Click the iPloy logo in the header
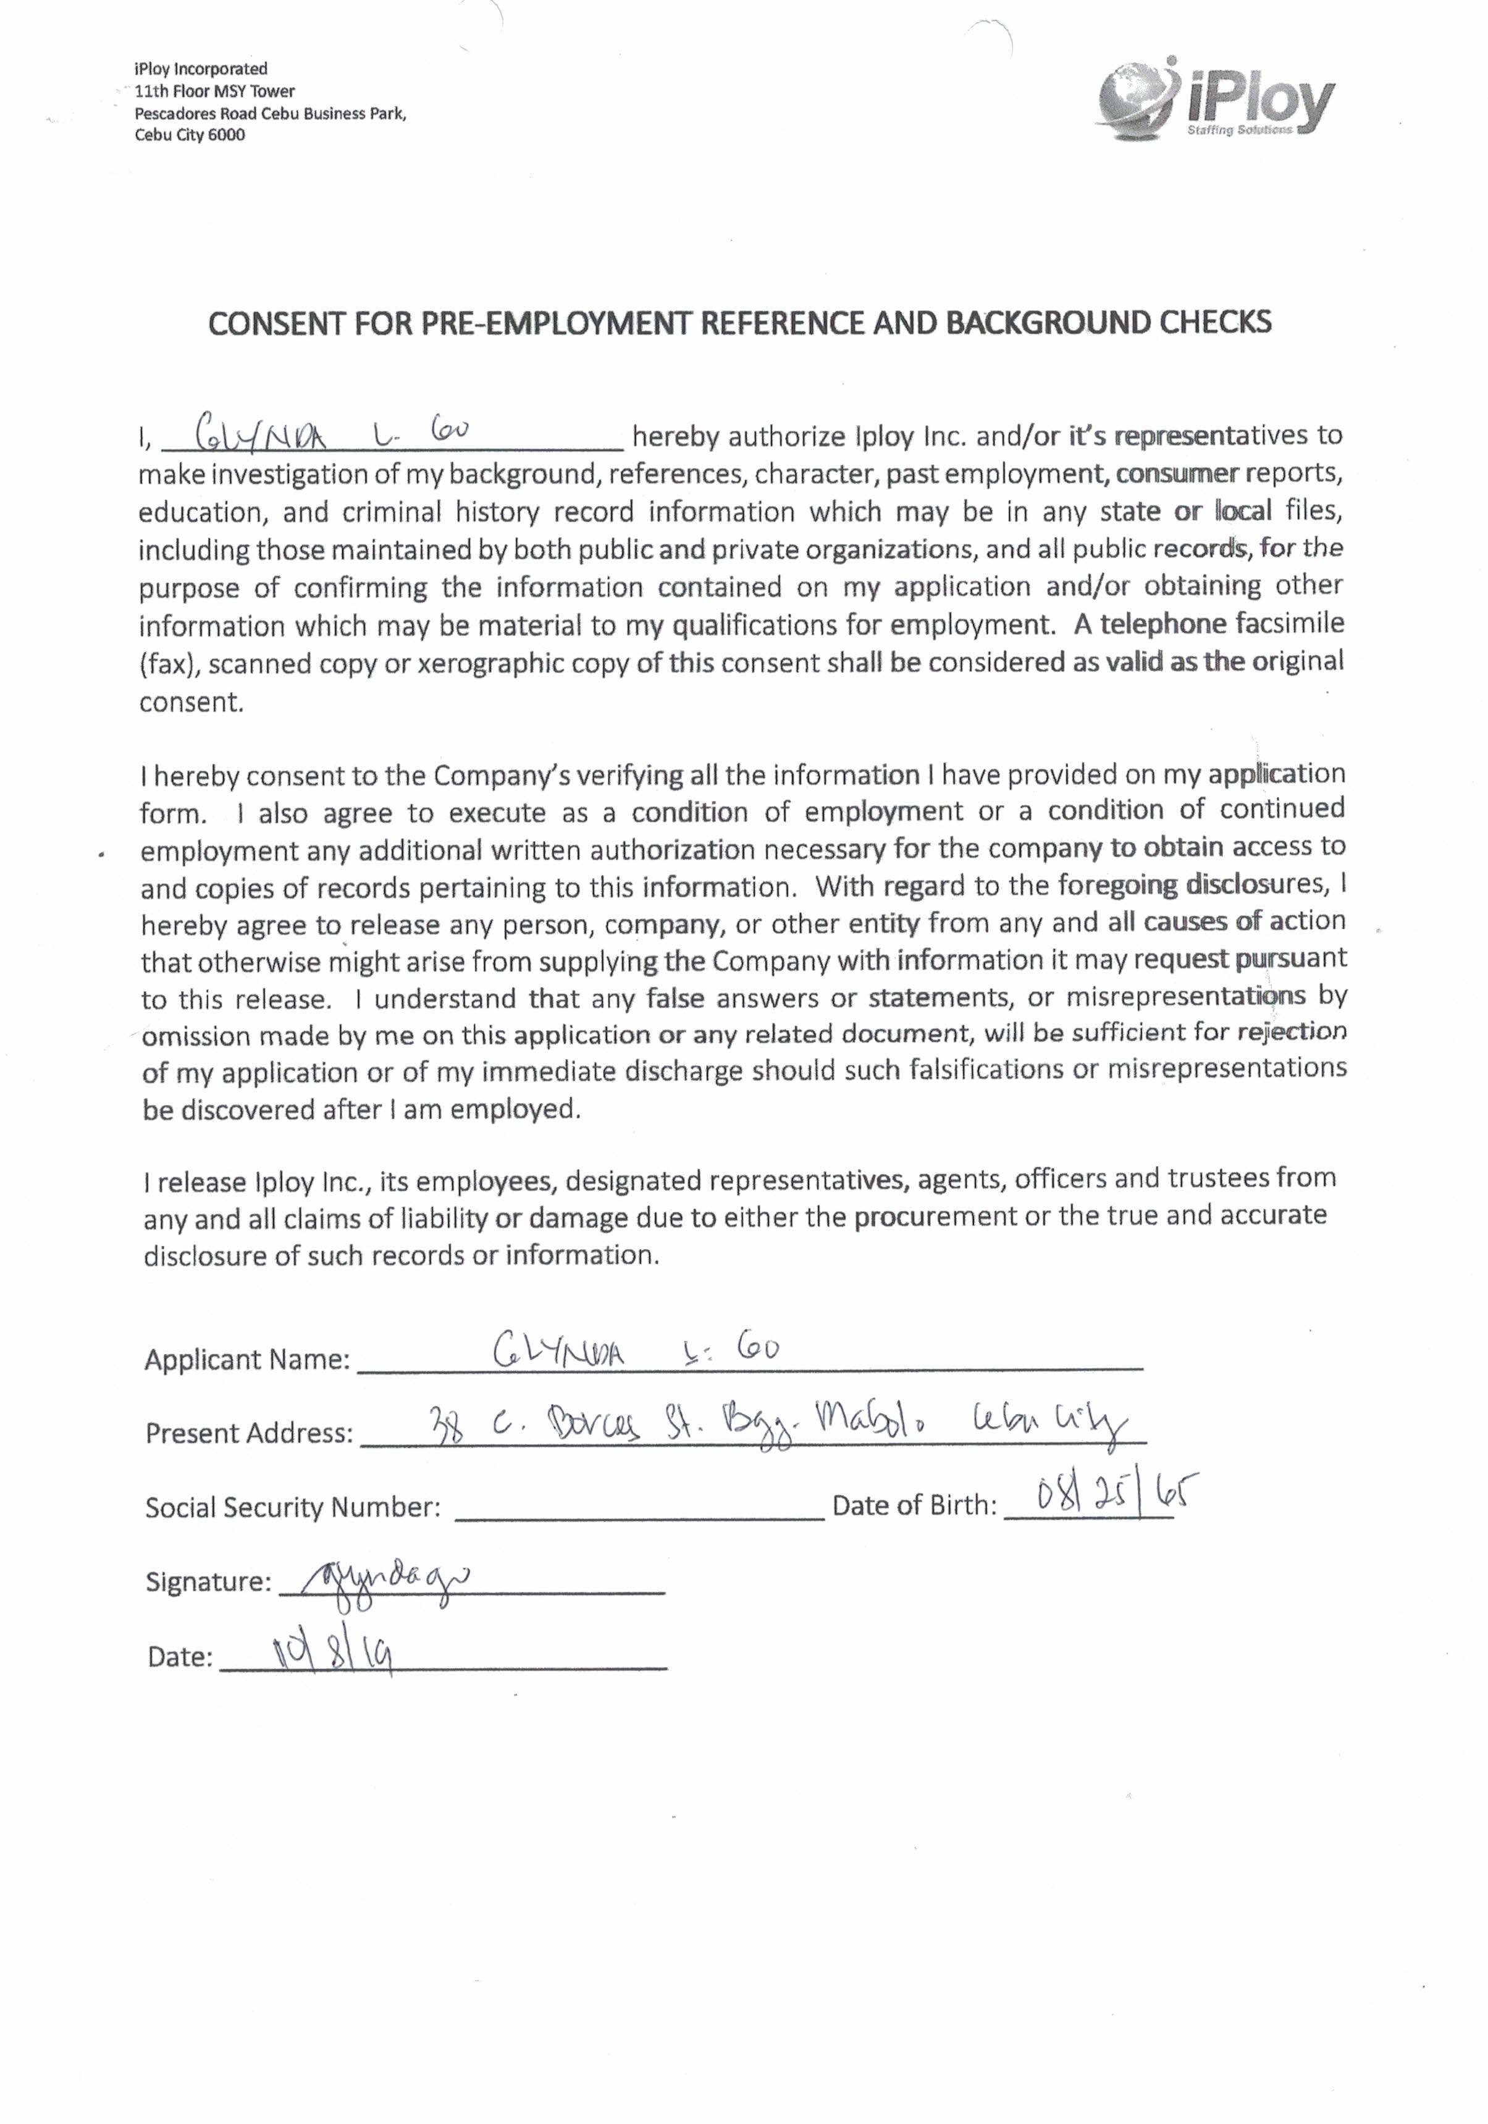pyautogui.click(x=1215, y=100)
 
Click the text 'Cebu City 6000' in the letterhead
pyautogui.click(x=190, y=135)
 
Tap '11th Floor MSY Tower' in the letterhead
pyautogui.click(x=214, y=91)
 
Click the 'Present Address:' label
pyautogui.click(x=249, y=1433)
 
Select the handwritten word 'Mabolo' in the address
pyautogui.click(x=874, y=1424)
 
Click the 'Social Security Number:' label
pyautogui.click(x=292, y=1507)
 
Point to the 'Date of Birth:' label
pyautogui.click(x=914, y=1505)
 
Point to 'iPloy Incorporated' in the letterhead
pyautogui.click(x=201, y=69)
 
